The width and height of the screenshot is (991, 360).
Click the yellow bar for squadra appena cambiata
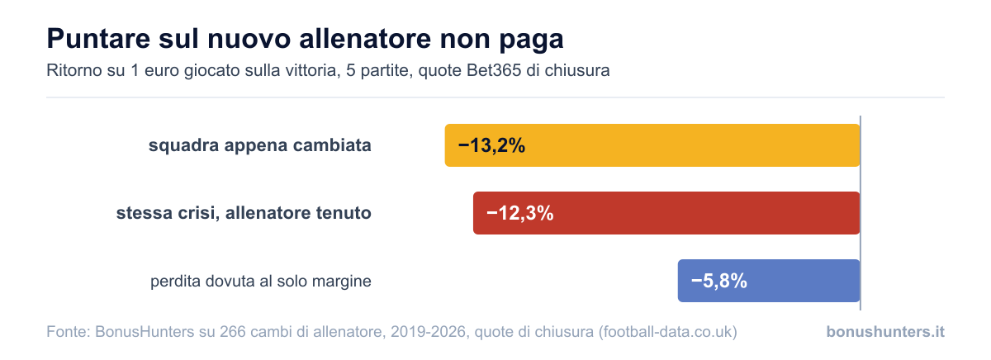point(652,145)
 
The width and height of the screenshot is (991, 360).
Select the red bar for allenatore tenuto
point(666,213)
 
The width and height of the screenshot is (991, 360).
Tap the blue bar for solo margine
point(769,281)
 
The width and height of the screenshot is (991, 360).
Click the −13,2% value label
point(491,145)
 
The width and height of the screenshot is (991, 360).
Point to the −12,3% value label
point(519,213)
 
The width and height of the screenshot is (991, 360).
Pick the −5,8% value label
point(719,281)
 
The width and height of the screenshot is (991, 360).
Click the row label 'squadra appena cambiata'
point(259,145)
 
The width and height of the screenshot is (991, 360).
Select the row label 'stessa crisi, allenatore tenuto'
point(244,213)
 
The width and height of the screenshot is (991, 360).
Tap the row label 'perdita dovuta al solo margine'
point(261,281)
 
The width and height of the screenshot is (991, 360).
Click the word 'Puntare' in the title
point(99,39)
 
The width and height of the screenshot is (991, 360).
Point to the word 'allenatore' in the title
point(365,39)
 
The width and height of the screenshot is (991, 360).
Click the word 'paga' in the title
point(531,40)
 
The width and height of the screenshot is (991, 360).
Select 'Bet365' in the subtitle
point(494,70)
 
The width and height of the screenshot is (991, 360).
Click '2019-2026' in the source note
point(429,331)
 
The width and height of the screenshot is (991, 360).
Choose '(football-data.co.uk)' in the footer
point(667,332)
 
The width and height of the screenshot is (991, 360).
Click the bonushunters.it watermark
point(885,331)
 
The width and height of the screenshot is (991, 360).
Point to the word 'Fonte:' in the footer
point(69,331)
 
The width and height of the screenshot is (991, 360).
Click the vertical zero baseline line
point(861,213)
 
